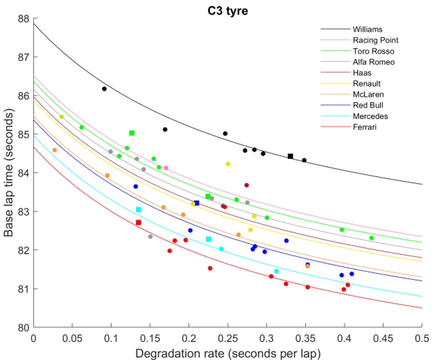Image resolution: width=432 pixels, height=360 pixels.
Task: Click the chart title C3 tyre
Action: [x=228, y=11]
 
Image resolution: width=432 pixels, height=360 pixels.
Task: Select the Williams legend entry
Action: [x=367, y=29]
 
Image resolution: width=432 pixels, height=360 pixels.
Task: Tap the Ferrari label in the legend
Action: [x=365, y=127]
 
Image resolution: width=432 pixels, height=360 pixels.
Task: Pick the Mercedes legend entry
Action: [x=370, y=116]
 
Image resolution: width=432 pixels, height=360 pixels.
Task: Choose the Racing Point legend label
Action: [x=375, y=40]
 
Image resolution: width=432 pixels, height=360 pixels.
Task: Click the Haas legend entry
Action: [x=362, y=73]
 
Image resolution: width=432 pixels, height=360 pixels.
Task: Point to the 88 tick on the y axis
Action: [x=24, y=19]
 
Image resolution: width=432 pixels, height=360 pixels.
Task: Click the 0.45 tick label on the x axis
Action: [x=383, y=338]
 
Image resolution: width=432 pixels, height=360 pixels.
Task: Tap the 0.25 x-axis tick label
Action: [x=228, y=338]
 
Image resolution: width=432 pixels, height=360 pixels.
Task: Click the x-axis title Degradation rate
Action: [x=228, y=353]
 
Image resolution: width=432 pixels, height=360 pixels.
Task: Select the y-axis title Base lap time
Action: [x=9, y=173]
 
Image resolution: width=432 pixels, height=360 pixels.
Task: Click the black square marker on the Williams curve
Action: [x=290, y=156]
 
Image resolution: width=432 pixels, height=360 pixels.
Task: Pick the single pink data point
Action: [x=166, y=168]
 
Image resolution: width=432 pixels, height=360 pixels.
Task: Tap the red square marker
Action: [x=138, y=222]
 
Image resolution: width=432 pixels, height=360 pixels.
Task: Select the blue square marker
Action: [x=197, y=203]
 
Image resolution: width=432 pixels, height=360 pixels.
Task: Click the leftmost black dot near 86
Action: [x=104, y=89]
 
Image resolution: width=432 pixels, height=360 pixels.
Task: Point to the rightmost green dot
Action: [x=371, y=238]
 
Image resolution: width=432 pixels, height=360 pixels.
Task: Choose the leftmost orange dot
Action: [x=54, y=150]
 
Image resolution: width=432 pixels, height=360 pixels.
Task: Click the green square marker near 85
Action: [x=132, y=133]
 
